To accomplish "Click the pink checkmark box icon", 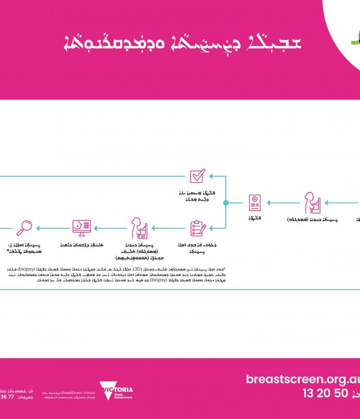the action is point(197,175).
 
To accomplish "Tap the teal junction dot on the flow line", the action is point(226,202).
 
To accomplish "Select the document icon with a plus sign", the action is point(255,202).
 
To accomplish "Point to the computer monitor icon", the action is point(82,227).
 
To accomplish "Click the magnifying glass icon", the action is point(25,227).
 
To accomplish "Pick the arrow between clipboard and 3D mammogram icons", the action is point(168,228).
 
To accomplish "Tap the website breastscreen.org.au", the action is point(302,379).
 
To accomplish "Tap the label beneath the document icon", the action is point(254,216).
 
